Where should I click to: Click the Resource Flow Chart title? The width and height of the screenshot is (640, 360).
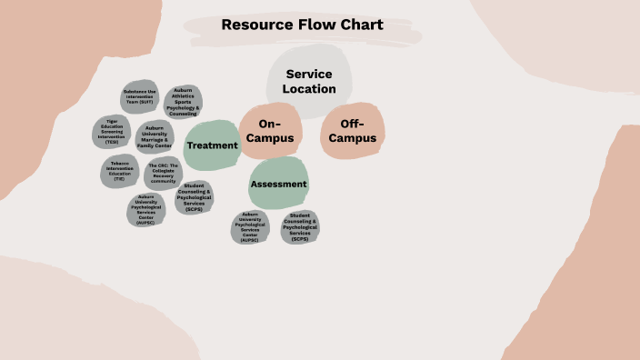302,25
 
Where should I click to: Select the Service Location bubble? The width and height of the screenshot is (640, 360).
308,81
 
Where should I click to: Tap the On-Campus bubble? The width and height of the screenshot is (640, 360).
271,131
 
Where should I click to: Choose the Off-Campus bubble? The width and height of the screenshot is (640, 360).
352,131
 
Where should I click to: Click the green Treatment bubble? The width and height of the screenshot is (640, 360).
212,145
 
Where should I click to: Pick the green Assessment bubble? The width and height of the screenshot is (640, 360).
279,184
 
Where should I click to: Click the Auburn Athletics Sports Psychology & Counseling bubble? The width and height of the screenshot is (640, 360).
183,102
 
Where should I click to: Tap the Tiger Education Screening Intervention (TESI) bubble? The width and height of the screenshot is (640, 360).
112,132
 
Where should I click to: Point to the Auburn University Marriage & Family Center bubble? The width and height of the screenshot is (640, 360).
155,136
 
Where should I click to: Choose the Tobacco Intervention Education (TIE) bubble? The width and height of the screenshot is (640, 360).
119,170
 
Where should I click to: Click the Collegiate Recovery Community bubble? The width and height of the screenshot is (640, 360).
163,174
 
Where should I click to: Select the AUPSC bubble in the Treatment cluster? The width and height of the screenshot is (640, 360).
145,209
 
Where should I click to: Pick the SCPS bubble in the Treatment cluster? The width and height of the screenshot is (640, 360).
194,197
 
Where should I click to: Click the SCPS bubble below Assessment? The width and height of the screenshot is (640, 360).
300,226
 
